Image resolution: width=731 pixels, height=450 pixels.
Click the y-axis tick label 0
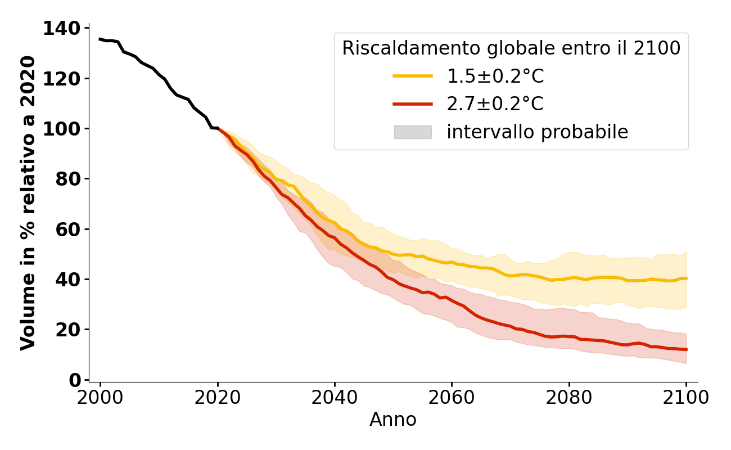click(75, 380)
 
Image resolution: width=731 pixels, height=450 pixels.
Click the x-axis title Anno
click(393, 420)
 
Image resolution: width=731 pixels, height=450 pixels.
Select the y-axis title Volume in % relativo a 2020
click(28, 202)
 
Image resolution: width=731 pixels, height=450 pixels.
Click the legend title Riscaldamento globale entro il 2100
click(511, 48)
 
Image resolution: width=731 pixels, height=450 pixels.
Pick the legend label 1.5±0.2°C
click(495, 76)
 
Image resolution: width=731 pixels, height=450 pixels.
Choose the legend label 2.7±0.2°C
click(495, 104)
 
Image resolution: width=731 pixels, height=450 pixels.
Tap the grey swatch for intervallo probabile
click(413, 132)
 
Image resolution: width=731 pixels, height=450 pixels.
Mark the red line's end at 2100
click(686, 349)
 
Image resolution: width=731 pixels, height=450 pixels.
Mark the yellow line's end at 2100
click(686, 278)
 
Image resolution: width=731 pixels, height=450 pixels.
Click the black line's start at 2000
click(100, 39)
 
